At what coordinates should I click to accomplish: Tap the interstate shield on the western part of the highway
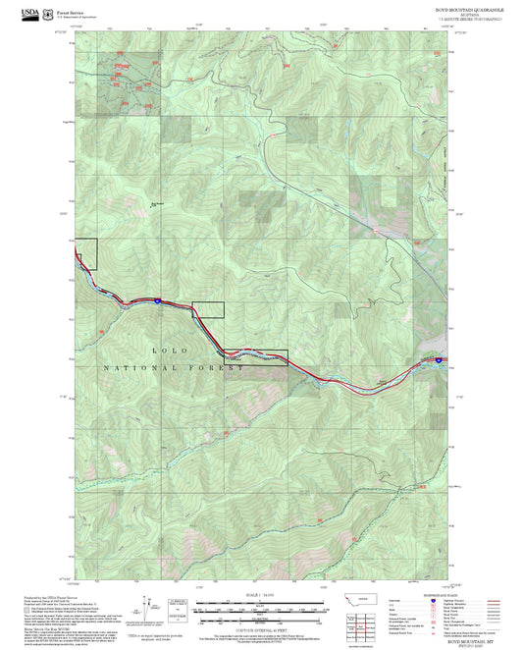157,300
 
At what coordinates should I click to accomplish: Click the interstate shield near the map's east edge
439,361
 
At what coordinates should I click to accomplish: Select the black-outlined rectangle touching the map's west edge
86,254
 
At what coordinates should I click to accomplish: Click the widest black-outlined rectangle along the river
256,357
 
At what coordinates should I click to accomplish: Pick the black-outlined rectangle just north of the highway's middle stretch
207,309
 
